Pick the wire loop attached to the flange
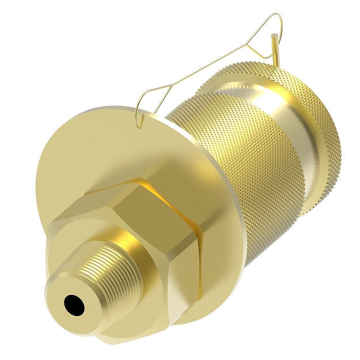(x=147, y=104)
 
